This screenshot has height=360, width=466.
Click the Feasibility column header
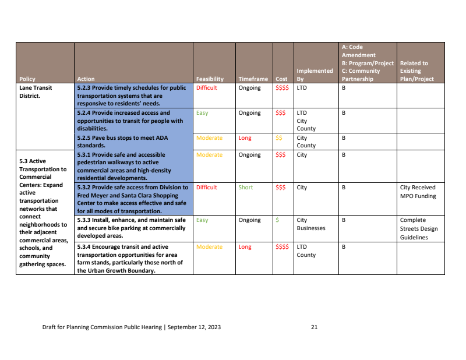click(x=210, y=79)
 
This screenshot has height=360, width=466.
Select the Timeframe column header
click(x=253, y=79)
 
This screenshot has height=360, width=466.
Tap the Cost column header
click(x=281, y=79)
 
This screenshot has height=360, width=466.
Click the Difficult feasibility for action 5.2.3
click(x=206, y=88)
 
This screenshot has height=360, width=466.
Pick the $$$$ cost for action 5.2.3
click(x=282, y=88)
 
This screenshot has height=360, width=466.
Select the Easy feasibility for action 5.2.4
click(x=202, y=113)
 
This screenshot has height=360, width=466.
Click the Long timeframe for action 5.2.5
click(x=245, y=138)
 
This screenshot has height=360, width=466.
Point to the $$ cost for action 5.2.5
click(x=279, y=138)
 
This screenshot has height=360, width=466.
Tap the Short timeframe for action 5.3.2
click(x=245, y=188)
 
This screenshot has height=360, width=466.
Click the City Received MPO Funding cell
click(x=418, y=192)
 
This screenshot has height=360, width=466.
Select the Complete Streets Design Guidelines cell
click(x=419, y=228)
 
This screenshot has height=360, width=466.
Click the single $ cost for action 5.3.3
click(x=277, y=220)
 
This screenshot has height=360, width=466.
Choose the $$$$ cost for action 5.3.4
click(x=282, y=247)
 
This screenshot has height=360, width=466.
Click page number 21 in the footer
click(x=314, y=327)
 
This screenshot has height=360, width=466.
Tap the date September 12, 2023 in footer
click(x=195, y=327)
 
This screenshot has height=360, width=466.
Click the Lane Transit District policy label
click(x=36, y=92)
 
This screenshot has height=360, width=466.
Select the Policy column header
click(x=27, y=79)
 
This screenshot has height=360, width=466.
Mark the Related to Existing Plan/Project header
click(x=417, y=71)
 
